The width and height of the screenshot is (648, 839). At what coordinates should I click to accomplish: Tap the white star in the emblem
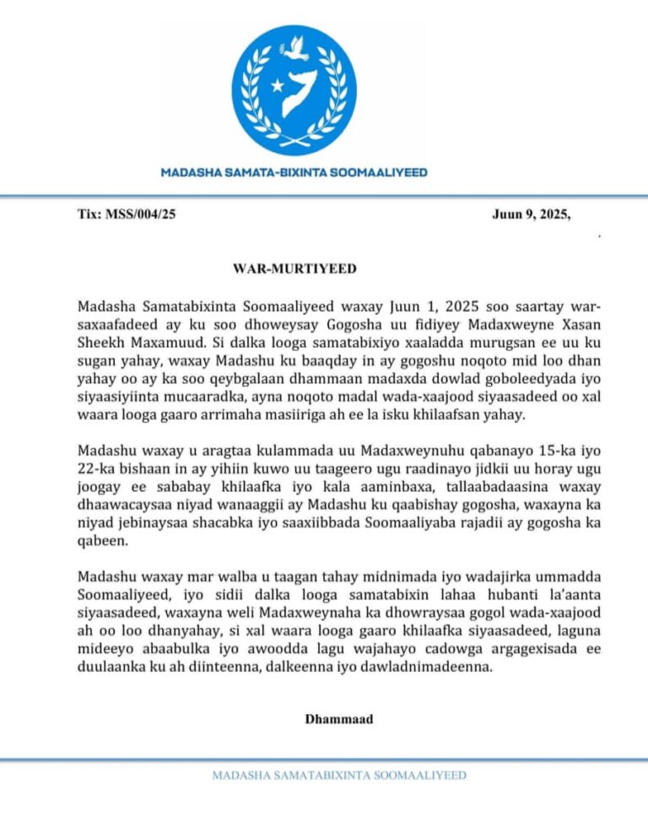275,85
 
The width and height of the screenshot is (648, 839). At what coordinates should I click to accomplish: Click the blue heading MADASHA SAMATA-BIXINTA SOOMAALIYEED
294,172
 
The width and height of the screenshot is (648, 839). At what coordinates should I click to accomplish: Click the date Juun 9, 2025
531,214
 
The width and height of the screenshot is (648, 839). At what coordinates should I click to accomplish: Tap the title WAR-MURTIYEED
294,269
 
